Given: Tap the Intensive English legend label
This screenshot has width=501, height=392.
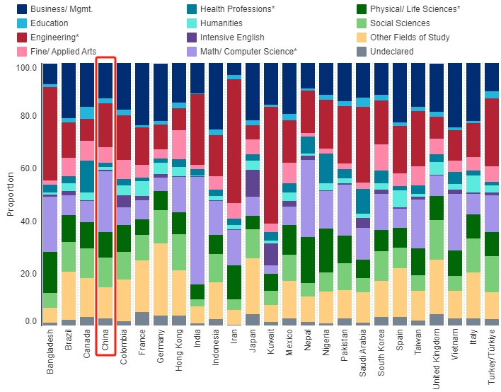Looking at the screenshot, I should (x=232, y=38).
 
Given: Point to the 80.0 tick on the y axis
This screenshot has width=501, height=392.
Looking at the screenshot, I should (x=27, y=116).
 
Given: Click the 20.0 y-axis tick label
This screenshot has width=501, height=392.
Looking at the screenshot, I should (x=27, y=274).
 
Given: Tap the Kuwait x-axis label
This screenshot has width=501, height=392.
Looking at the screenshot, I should (x=270, y=345).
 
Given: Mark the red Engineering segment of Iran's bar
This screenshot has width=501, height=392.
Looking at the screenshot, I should (x=234, y=141).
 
